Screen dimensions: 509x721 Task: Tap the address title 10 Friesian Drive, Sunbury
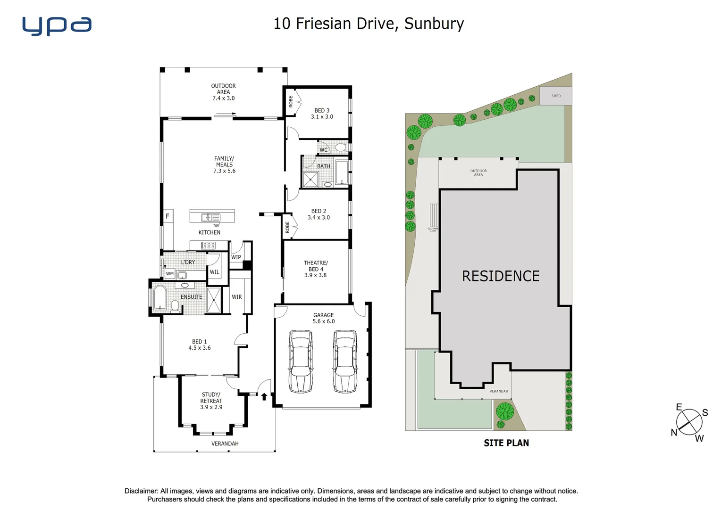pos(369,24)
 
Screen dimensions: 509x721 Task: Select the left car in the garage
pos(300,361)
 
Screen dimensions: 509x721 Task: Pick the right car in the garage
pos(344,361)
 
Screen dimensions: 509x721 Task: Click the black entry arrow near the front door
pos(264,396)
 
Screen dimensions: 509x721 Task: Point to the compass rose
pos(689,422)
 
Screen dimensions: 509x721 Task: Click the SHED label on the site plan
pos(556,96)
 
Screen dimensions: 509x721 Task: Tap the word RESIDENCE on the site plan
pos(501,276)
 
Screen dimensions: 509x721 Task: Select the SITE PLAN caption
pos(506,443)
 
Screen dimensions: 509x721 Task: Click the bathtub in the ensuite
pos(160,298)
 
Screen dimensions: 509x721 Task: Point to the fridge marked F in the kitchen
pos(168,216)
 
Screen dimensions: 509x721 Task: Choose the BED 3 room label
pos(322,114)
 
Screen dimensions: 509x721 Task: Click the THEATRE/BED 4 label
pos(316,269)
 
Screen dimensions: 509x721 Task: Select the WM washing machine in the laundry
pos(170,273)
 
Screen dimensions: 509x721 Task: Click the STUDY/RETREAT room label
pos(211,401)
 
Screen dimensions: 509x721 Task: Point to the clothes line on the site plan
pos(433,215)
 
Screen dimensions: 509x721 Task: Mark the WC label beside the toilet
pos(324,150)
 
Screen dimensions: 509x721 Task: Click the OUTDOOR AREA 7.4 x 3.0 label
pos(223,92)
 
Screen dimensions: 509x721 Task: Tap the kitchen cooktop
pos(209,246)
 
